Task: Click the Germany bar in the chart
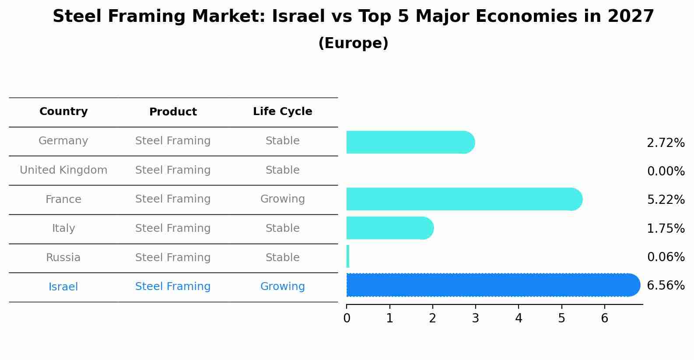[410, 142]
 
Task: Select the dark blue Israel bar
[493, 285]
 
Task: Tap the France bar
[464, 199]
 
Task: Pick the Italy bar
[389, 228]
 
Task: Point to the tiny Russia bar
[348, 256]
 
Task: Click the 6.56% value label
[666, 286]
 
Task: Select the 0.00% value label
[666, 171]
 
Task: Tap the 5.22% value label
[666, 200]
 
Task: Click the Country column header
[63, 112]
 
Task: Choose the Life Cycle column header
[282, 112]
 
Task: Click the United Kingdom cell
[63, 170]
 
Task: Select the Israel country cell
[63, 287]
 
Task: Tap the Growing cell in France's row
[282, 199]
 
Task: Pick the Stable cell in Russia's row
[282, 258]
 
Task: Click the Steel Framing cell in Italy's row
[173, 228]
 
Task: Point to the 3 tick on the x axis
[476, 318]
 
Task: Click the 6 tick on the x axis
[604, 318]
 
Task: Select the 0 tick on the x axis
[347, 318]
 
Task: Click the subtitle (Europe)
[353, 43]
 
